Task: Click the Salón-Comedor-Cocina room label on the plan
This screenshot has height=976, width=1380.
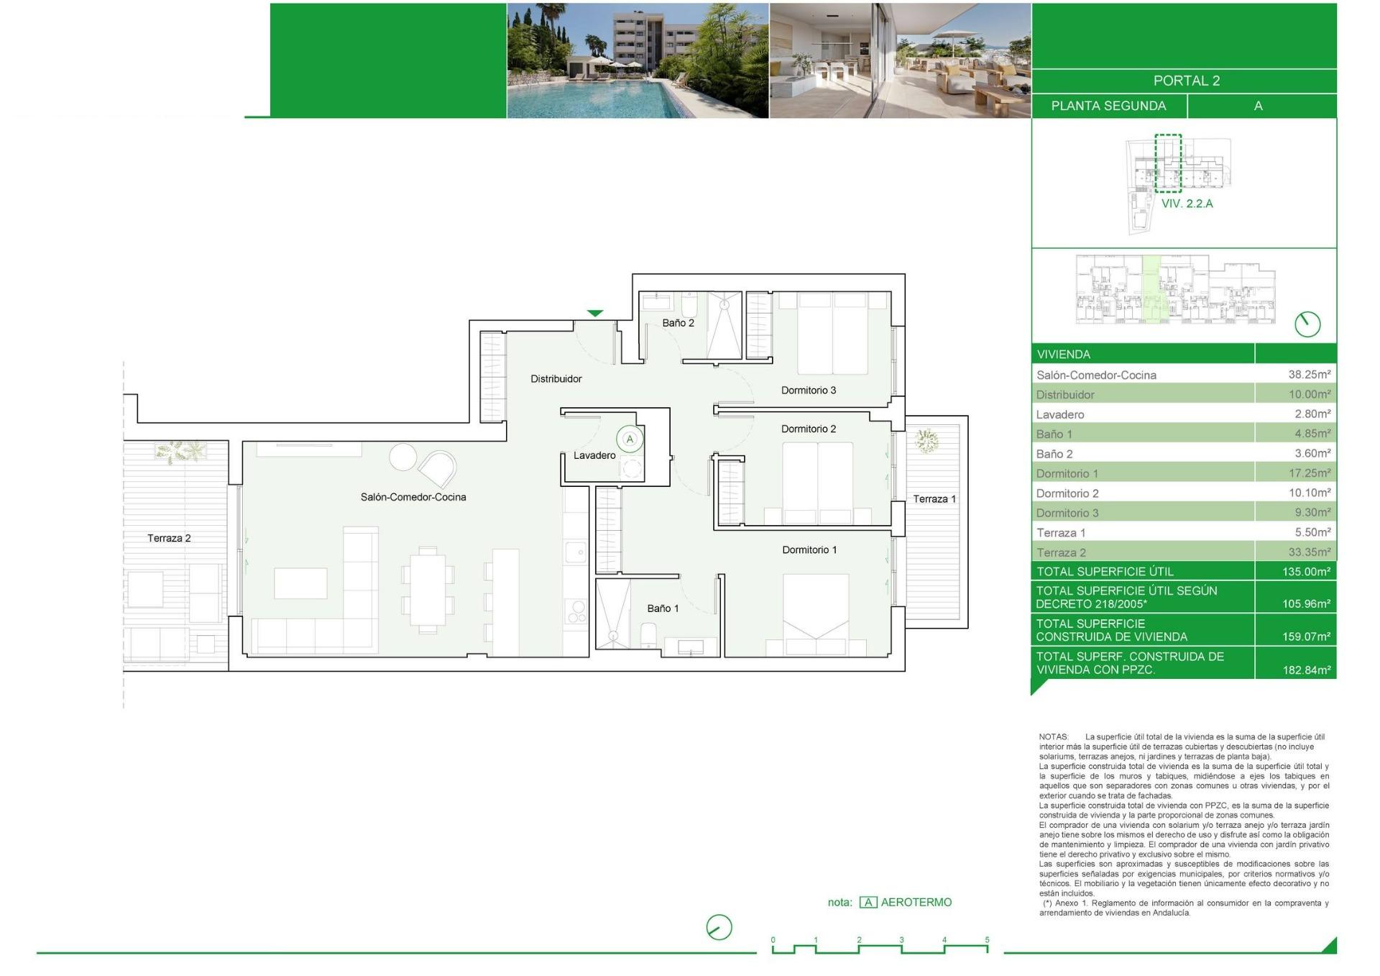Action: (x=413, y=497)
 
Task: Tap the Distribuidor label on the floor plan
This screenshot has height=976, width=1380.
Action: (x=556, y=379)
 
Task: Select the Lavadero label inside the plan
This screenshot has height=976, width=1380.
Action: (x=594, y=455)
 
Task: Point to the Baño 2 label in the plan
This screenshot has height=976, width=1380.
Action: (x=678, y=323)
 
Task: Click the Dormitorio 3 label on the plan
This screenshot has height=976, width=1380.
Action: (x=809, y=391)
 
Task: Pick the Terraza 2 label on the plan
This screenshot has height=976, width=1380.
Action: (x=169, y=538)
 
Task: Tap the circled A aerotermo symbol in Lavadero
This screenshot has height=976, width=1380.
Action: (x=630, y=439)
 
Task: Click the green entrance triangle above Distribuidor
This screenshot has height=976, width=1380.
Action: (x=595, y=313)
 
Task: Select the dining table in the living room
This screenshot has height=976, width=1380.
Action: (x=428, y=590)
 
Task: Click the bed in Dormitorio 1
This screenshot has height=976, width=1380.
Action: (x=816, y=615)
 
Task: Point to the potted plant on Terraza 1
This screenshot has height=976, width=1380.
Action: (x=926, y=440)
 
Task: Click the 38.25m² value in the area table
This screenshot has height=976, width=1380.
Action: (x=1310, y=375)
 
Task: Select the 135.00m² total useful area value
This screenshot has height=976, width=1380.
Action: (x=1307, y=572)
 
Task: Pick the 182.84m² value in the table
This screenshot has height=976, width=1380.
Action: (x=1307, y=670)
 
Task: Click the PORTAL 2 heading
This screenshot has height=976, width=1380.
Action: (x=1187, y=81)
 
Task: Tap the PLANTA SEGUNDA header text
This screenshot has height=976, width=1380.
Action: (x=1108, y=106)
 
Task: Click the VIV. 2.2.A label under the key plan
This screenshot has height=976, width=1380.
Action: (x=1187, y=204)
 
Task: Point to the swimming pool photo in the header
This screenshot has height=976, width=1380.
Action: (x=638, y=60)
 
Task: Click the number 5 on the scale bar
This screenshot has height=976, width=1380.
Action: (x=987, y=940)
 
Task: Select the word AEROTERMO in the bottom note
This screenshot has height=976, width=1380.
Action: (x=916, y=903)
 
